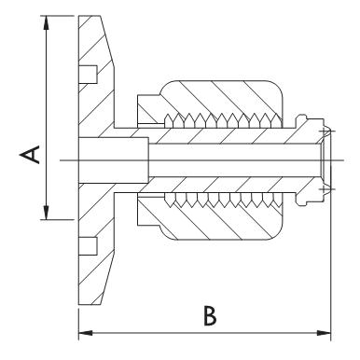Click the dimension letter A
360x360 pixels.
coord(30,155)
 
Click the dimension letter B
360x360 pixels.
coord(210,316)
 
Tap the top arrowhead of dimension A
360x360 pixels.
coord(46,22)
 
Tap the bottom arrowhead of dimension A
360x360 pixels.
coord(46,213)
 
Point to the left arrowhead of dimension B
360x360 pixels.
coord(86,333)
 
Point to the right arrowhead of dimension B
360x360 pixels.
coord(324,333)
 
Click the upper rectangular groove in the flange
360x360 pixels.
coord(88,75)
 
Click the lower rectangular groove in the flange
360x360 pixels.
coord(88,246)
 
